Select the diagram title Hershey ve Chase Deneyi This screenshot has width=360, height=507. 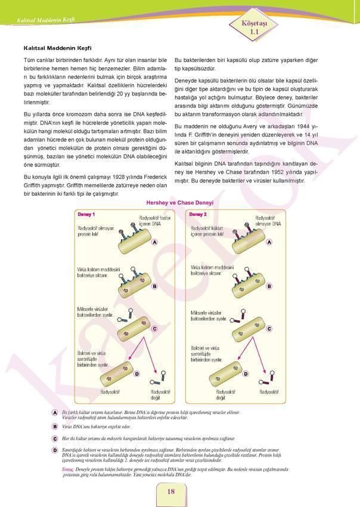[x=179, y=203]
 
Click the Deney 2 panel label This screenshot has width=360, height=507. [x=198, y=214]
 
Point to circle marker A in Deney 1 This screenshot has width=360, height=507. [x=154, y=243]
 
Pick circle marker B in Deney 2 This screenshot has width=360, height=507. [x=269, y=286]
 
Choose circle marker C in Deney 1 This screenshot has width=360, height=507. [x=154, y=329]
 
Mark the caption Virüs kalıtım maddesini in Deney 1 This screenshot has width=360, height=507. [x=98, y=270]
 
